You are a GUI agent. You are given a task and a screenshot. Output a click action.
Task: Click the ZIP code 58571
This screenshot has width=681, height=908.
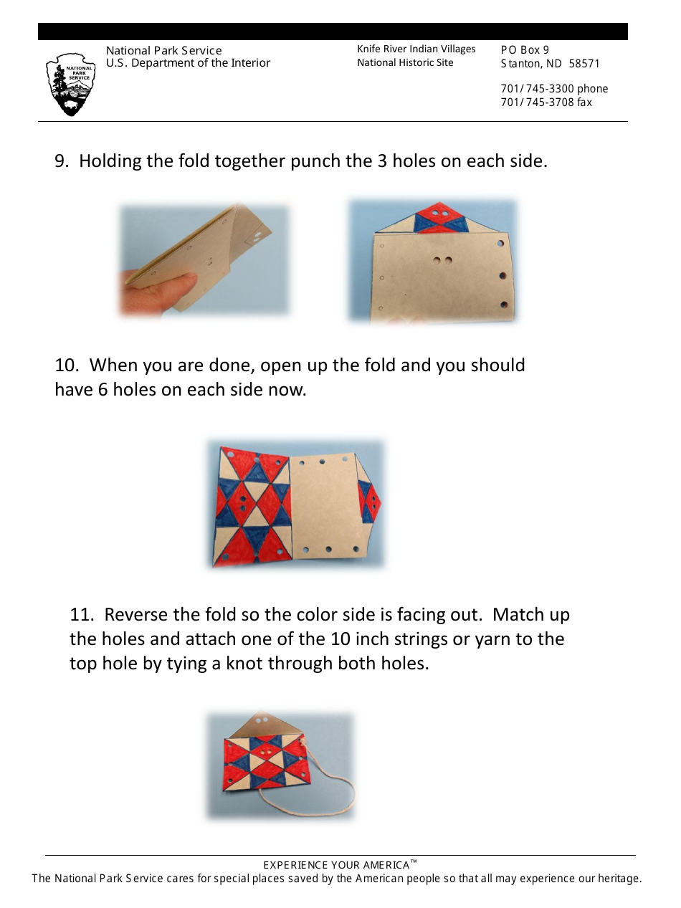tap(584, 64)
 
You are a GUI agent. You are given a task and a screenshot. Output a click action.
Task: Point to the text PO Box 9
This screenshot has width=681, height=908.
tap(525, 50)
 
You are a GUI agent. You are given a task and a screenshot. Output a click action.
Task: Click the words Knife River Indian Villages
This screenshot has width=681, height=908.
tap(416, 49)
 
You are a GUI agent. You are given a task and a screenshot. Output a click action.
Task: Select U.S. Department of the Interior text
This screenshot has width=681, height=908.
tap(188, 63)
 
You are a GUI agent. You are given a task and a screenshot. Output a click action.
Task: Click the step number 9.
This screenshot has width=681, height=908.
tap(62, 161)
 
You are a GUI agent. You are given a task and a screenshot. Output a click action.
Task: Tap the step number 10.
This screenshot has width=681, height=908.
tap(66, 365)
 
